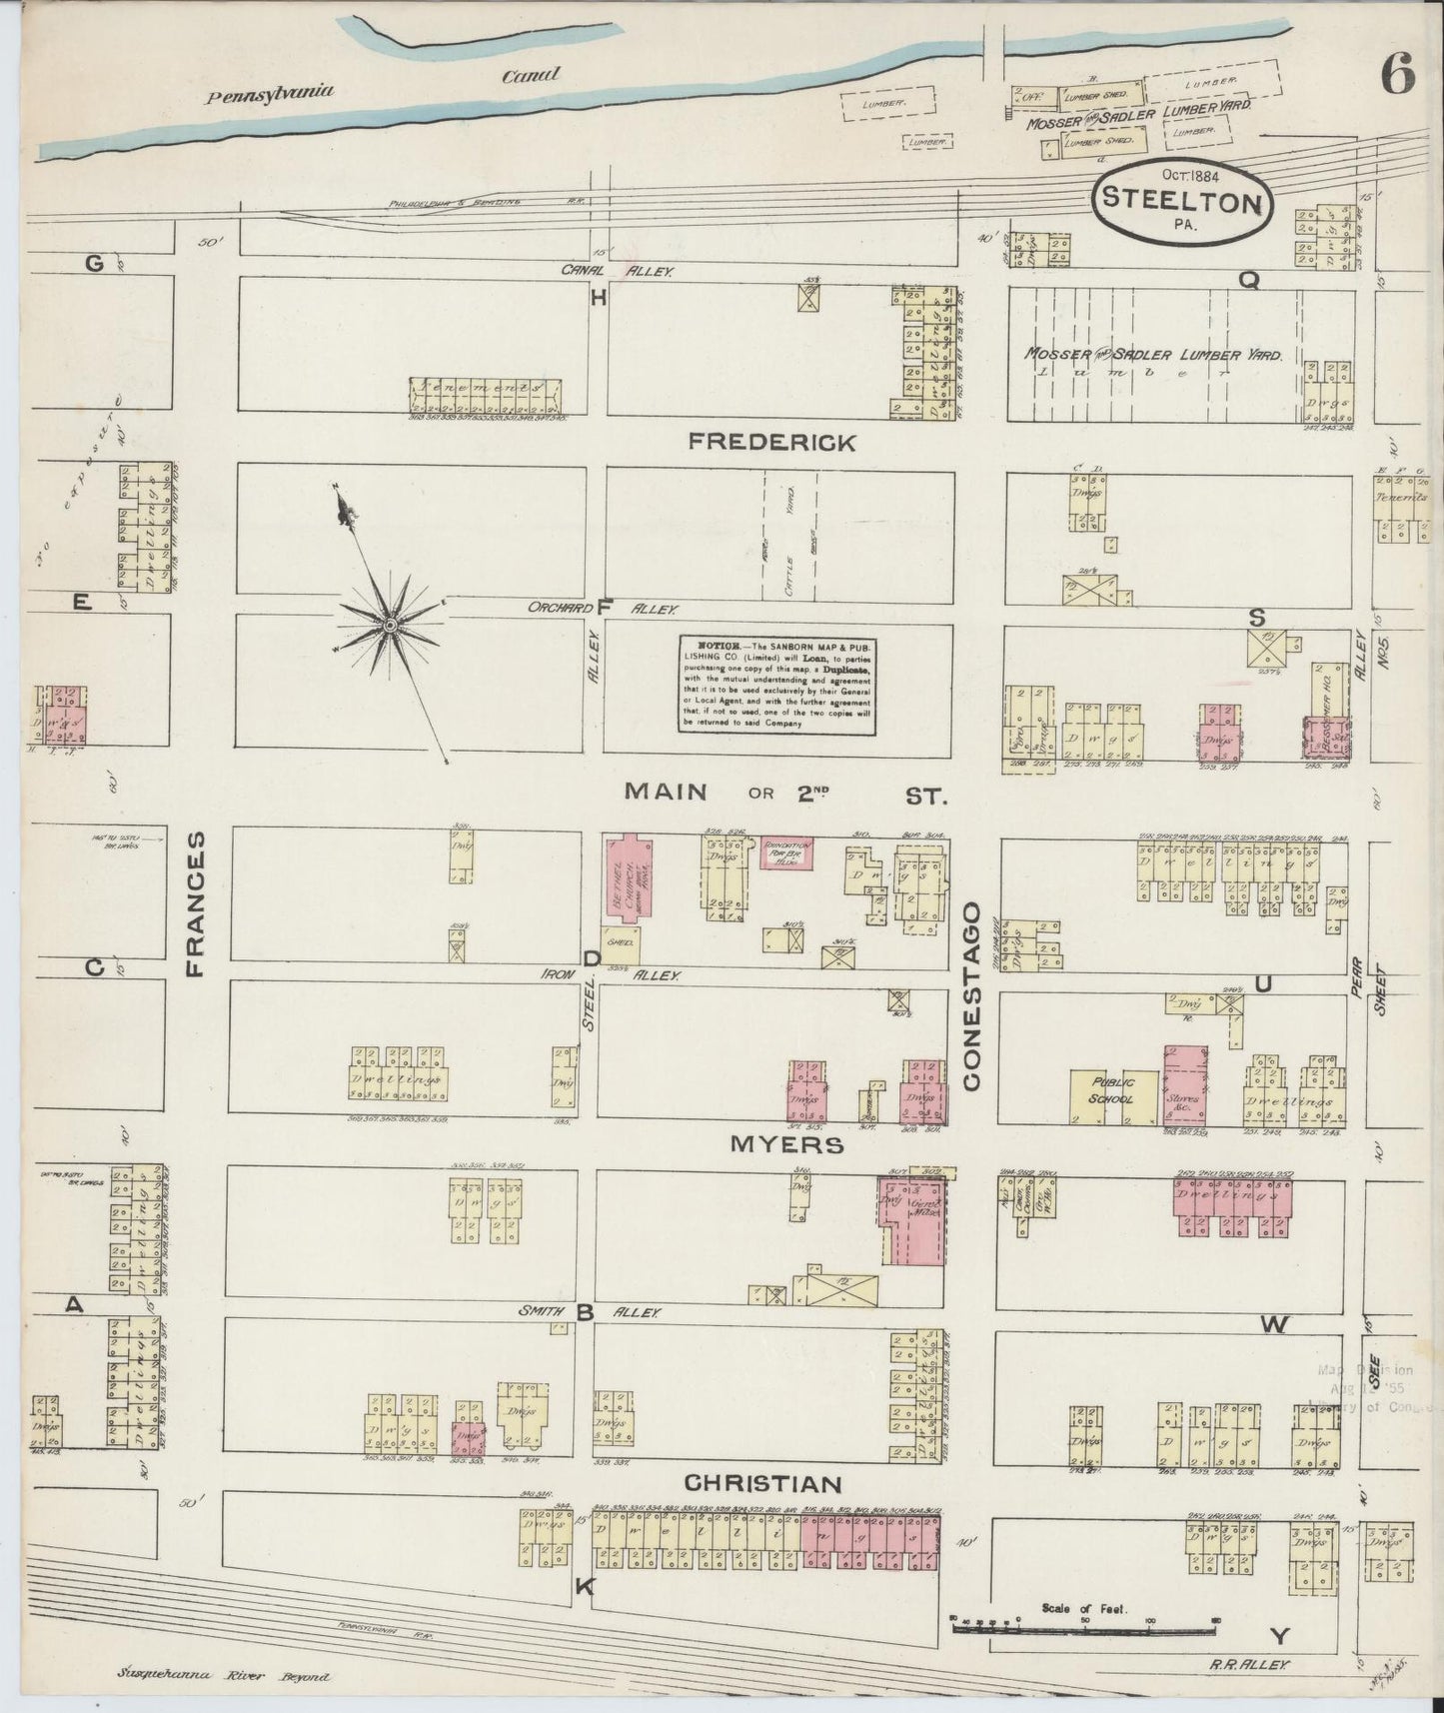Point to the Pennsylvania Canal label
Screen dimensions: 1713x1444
click(380, 86)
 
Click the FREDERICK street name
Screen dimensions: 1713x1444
click(786, 443)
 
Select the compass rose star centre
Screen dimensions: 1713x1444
click(390, 626)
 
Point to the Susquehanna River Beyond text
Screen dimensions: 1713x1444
click(222, 1677)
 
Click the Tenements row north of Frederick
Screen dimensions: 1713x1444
click(486, 395)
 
